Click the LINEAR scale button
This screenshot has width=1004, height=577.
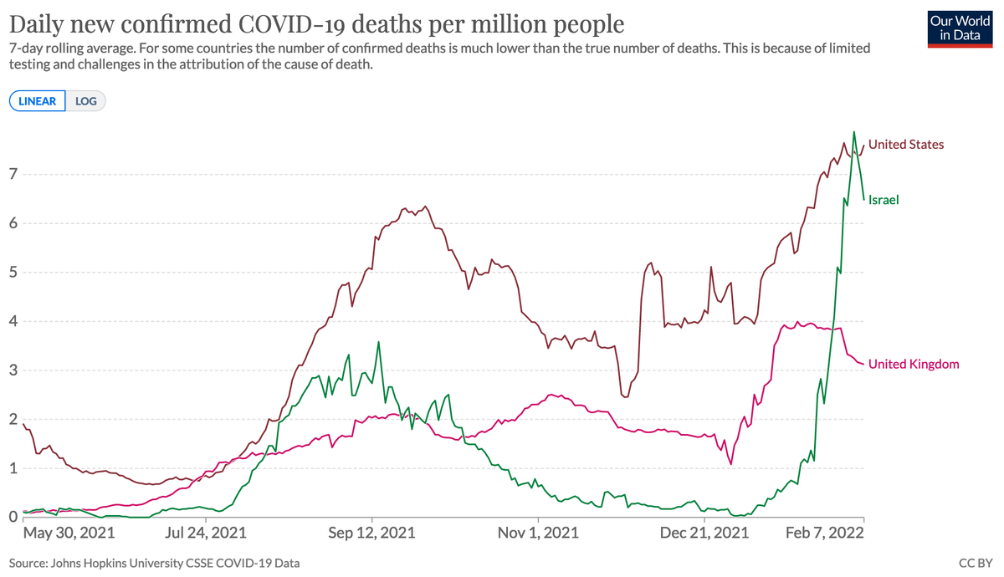37,101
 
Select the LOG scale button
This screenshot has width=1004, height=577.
86,101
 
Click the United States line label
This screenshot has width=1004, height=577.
906,145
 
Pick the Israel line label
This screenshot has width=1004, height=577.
884,200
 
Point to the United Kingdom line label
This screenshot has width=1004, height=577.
914,364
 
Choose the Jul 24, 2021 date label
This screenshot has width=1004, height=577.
207,532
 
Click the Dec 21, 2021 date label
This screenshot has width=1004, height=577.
705,532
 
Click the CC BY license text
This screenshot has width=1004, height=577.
976,564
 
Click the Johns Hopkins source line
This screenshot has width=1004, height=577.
154,564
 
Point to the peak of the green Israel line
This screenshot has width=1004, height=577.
853,131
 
